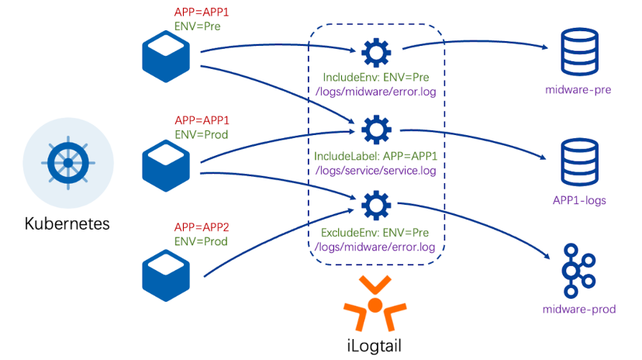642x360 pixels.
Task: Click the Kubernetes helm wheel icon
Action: [x=68, y=163]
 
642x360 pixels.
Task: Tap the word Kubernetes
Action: [x=67, y=223]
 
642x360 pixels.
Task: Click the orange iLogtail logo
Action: [x=375, y=303]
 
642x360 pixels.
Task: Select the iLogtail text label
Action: [x=374, y=345]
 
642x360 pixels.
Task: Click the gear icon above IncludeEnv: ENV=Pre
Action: [x=376, y=53]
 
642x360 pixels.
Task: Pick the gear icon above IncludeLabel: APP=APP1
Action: [x=376, y=130]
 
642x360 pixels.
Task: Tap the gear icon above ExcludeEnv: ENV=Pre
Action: [x=376, y=205]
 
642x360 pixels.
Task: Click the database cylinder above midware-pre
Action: [x=579, y=52]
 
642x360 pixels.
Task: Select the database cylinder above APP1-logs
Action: [x=579, y=162]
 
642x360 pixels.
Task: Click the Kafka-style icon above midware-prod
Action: [x=578, y=271]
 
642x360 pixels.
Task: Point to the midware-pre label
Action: [x=578, y=90]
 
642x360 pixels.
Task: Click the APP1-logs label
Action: [x=579, y=200]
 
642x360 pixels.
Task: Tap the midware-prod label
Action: [x=579, y=309]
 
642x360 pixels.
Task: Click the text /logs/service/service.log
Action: [x=375, y=171]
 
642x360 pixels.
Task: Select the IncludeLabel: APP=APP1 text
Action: [x=375, y=156]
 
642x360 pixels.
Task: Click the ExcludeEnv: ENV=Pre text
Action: [x=374, y=233]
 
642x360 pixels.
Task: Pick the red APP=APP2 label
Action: [x=202, y=227]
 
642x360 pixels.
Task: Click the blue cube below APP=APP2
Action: [x=166, y=275]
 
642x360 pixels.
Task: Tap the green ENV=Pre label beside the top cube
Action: [x=198, y=26]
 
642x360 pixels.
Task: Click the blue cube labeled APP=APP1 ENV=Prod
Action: [x=166, y=165]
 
